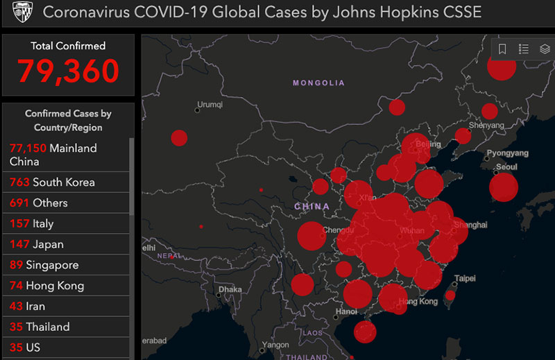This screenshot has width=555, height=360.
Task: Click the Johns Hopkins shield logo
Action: pos(23,12)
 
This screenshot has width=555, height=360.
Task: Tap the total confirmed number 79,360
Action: pos(68,70)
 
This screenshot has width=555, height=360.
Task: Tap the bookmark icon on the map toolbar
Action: pos(503,49)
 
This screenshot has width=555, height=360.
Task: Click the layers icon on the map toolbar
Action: pos(545,49)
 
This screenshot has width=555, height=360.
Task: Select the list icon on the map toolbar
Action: pos(524,49)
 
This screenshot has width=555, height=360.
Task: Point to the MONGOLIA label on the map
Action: pos(318,83)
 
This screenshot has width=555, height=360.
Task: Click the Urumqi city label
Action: pos(210,105)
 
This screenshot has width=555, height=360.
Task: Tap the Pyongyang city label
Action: pos(507,153)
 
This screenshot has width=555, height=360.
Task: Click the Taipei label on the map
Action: pos(465,279)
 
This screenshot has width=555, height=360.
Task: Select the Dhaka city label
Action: pos(230,289)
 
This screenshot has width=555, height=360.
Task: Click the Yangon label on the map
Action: pos(275,345)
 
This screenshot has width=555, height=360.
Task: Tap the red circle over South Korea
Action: pos(504,187)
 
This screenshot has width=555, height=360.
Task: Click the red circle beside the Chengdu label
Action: pos(311,236)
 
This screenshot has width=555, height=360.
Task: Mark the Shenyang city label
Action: pos(486,126)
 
